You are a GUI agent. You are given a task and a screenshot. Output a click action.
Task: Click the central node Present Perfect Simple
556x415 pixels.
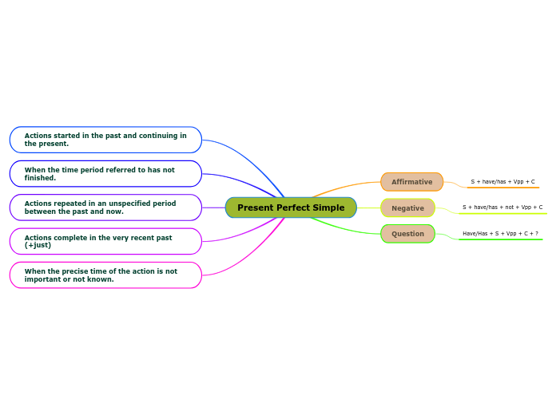point(291,207)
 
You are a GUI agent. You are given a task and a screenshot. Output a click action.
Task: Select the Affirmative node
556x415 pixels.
point(411,182)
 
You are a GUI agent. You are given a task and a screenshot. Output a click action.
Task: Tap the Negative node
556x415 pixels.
point(407,208)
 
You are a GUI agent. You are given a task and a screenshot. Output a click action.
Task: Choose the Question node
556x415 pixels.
point(407,234)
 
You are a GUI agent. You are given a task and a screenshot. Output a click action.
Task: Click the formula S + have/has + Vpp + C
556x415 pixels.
point(502,182)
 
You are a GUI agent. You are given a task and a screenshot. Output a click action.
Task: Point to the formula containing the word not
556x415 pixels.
point(502,207)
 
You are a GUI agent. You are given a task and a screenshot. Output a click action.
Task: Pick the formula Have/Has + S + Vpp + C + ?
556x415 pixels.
point(500,234)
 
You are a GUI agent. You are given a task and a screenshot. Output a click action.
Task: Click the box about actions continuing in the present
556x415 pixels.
point(105,140)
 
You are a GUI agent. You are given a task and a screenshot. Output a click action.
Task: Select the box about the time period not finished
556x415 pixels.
point(105,173)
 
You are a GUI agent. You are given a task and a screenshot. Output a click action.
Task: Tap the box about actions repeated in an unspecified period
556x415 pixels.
point(105,207)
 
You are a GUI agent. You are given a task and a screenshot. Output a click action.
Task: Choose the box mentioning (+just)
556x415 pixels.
point(105,241)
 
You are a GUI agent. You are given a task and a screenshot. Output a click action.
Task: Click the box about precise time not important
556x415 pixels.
point(105,275)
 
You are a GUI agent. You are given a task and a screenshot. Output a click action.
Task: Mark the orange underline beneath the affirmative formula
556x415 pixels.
point(503,188)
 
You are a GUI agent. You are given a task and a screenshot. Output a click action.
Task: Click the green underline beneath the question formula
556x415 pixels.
point(500,239)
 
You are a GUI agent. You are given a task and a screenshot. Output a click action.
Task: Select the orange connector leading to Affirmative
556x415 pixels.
point(347,187)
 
